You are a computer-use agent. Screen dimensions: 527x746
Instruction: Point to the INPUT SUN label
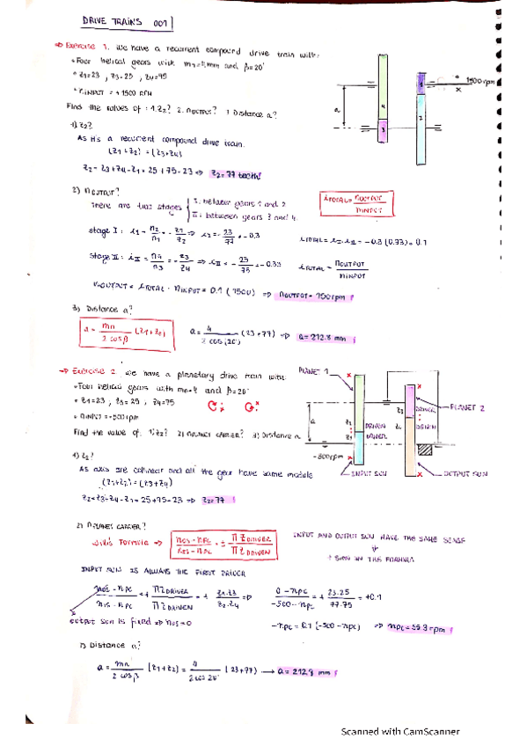(368, 474)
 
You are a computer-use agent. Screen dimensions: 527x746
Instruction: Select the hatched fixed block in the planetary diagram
(425, 450)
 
